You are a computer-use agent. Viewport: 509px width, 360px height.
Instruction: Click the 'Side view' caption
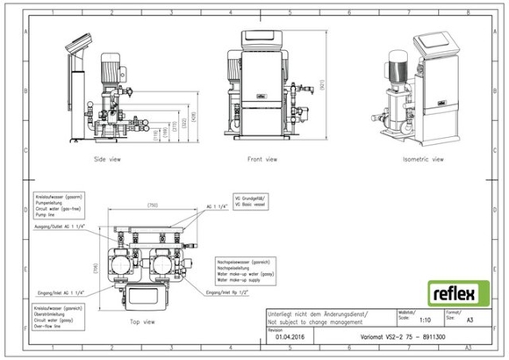pyautogui.click(x=107, y=159)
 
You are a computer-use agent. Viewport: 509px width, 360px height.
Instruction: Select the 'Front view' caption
pyautogui.click(x=262, y=159)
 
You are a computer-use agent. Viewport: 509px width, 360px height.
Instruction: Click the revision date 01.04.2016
pyautogui.click(x=290, y=335)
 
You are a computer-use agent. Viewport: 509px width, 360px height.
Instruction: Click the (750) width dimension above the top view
pyautogui.click(x=153, y=205)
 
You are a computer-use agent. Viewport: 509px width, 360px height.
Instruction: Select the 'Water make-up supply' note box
pyautogui.click(x=248, y=269)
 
